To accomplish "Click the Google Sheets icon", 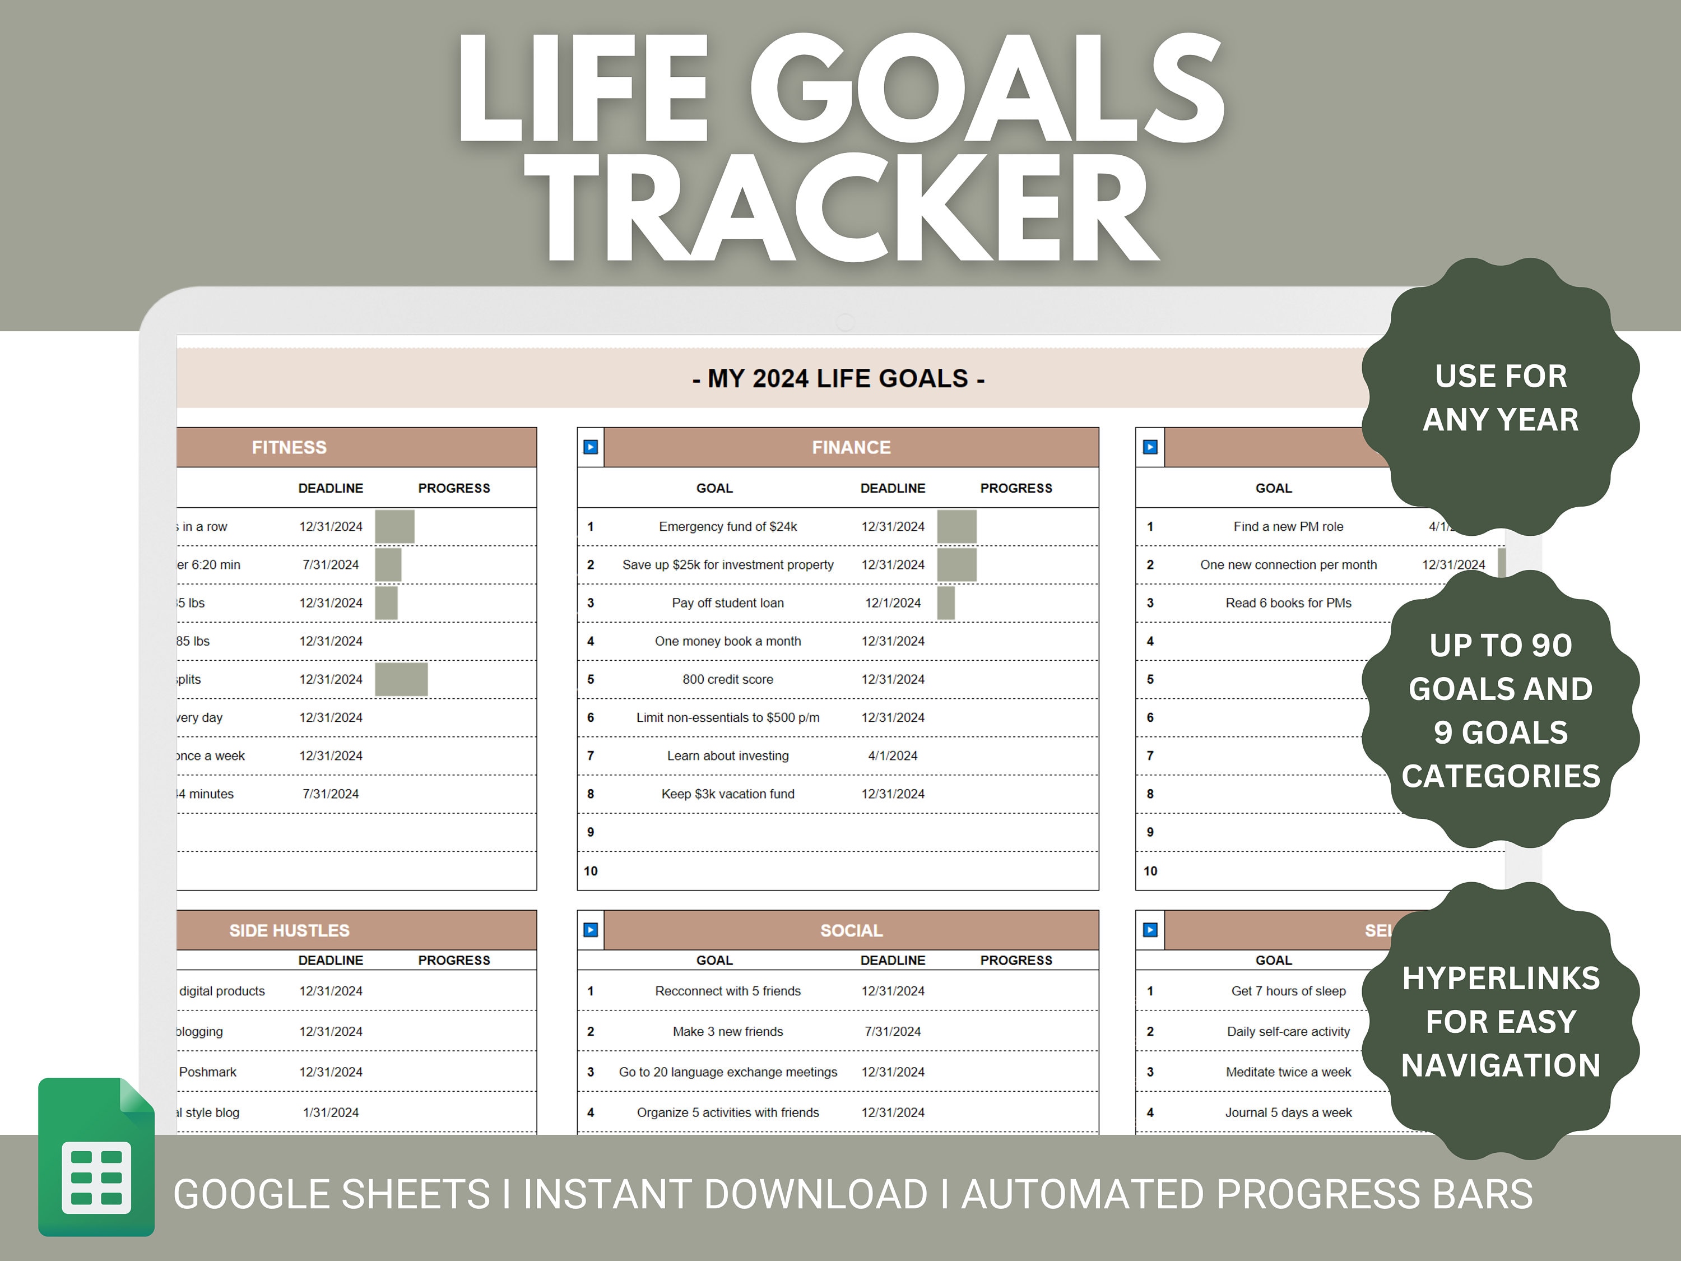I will pyautogui.click(x=96, y=1156).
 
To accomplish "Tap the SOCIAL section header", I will pyautogui.click(x=851, y=930).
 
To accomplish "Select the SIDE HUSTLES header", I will pyautogui.click(x=290, y=930).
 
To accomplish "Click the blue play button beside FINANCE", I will pyautogui.click(x=591, y=447).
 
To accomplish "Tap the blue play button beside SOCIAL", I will pyautogui.click(x=591, y=930).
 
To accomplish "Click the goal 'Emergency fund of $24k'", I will pyautogui.click(x=727, y=527).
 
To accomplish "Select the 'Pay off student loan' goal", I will pyautogui.click(x=727, y=602).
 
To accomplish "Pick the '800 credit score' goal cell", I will pyautogui.click(x=727, y=679).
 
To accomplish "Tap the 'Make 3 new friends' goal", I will pyautogui.click(x=727, y=1031).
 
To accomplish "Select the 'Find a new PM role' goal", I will pyautogui.click(x=1288, y=527).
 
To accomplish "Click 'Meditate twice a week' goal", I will pyautogui.click(x=1288, y=1072).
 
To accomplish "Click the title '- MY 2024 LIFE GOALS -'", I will pyautogui.click(x=838, y=378).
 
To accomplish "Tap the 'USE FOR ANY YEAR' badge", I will pyautogui.click(x=1500, y=397).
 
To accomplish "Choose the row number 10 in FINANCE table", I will pyautogui.click(x=591, y=871).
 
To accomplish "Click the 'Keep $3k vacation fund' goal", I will pyautogui.click(x=727, y=794).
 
